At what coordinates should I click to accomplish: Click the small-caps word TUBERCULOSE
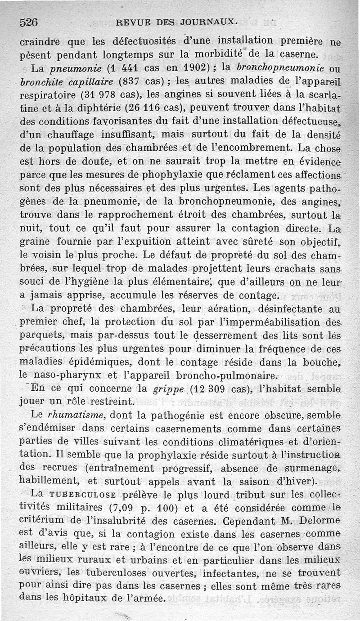click(x=85, y=494)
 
